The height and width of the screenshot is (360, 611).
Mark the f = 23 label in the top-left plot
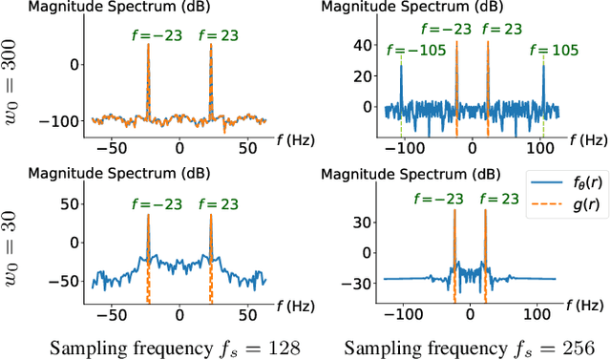(x=212, y=36)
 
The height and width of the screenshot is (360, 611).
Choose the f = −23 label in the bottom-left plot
(x=148, y=201)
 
